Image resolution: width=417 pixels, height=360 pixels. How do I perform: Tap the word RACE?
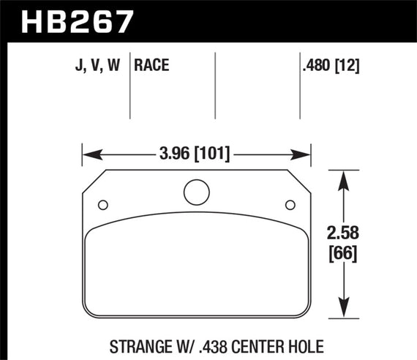(x=152, y=67)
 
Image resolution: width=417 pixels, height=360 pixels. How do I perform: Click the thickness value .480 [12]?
(x=330, y=67)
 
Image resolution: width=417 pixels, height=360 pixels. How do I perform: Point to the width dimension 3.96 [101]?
(x=195, y=154)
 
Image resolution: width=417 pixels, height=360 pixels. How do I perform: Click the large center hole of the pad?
(x=195, y=192)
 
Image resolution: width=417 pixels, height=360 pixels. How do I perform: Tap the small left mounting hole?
(x=102, y=204)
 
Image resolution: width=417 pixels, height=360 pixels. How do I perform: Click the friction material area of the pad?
(x=195, y=271)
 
